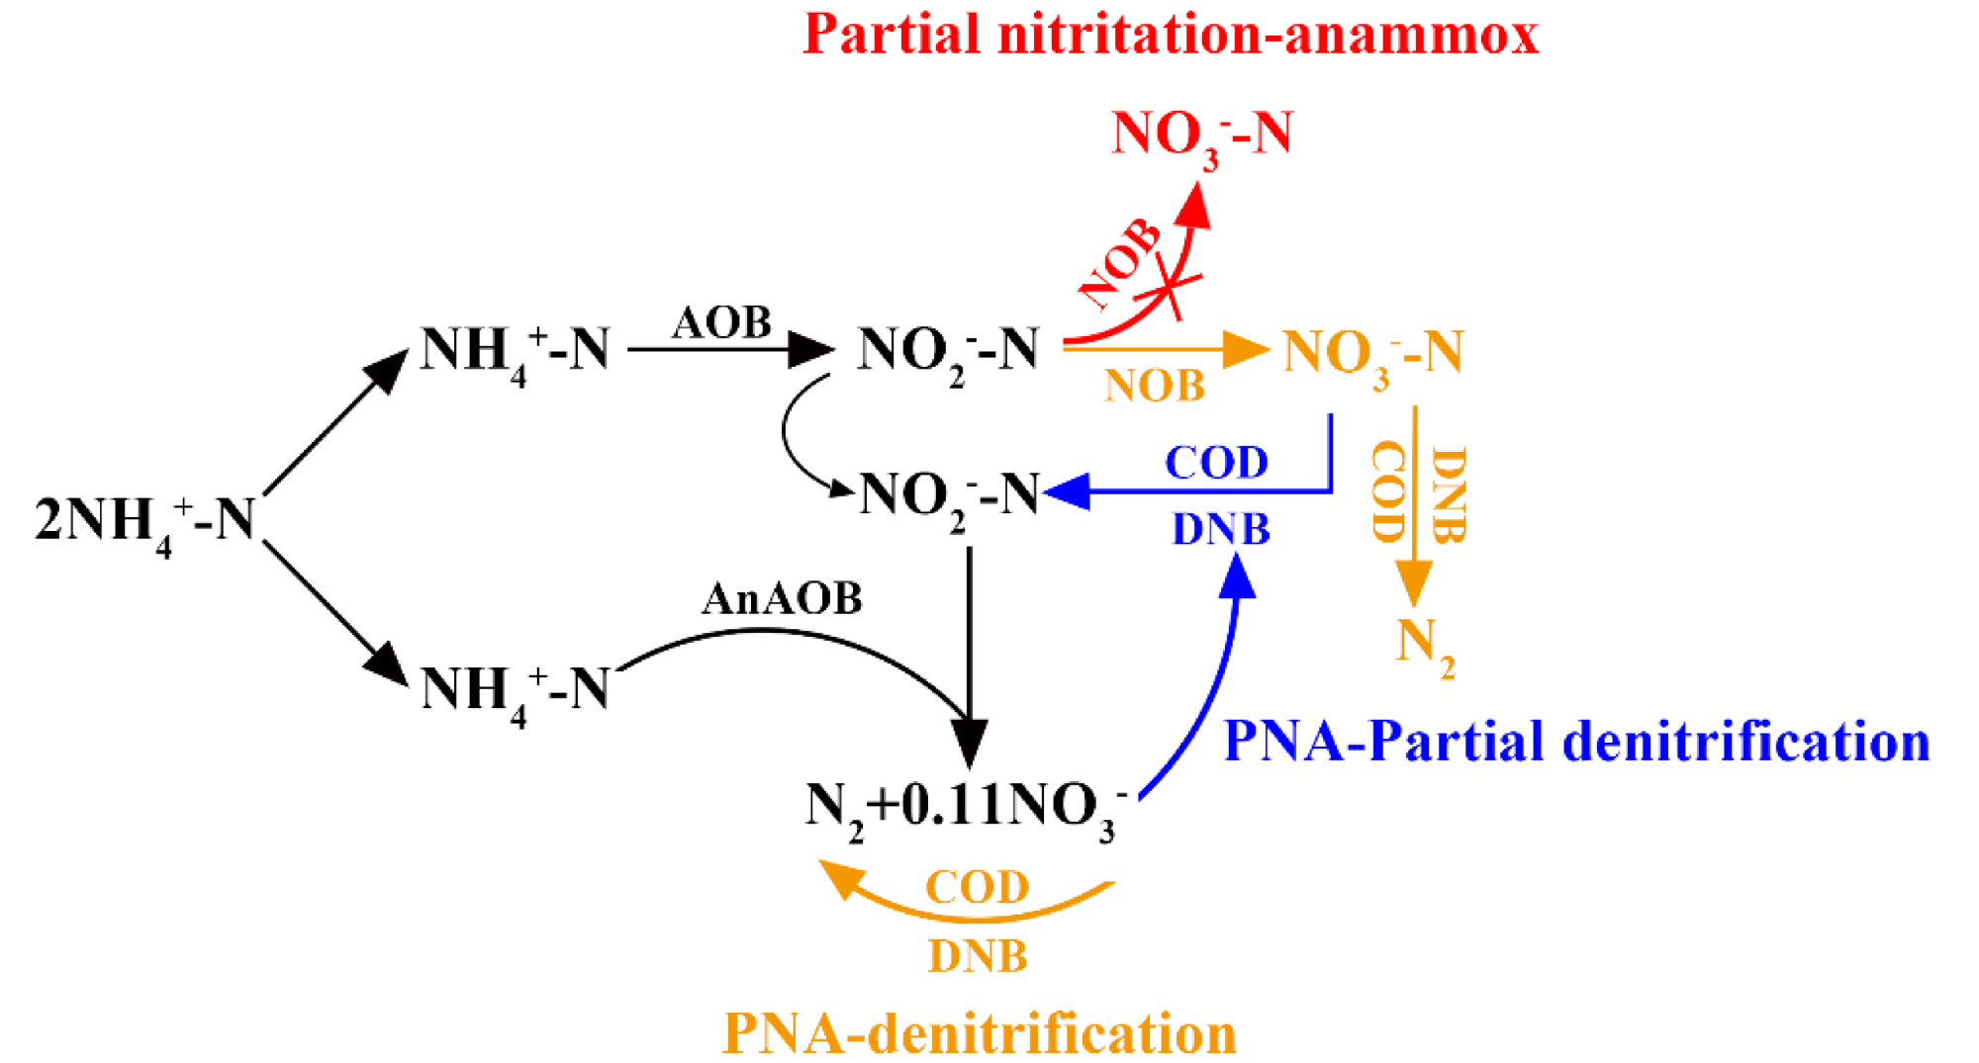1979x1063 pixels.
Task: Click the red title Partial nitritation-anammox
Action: pyautogui.click(x=1171, y=35)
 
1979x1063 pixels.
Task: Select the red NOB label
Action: pyautogui.click(x=1120, y=263)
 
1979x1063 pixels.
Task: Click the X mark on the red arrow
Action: pyautogui.click(x=1169, y=288)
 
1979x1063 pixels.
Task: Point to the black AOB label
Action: pyautogui.click(x=721, y=322)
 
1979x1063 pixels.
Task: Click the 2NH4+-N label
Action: pyautogui.click(x=145, y=523)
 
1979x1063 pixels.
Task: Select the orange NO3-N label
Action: pyautogui.click(x=1372, y=355)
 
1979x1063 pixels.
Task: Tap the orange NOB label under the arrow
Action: pyautogui.click(x=1155, y=386)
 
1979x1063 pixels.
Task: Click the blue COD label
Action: pyautogui.click(x=1216, y=463)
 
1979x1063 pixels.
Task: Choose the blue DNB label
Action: pyautogui.click(x=1221, y=529)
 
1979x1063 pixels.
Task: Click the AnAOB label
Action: pyautogui.click(x=782, y=598)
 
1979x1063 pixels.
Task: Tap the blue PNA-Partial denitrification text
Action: pyautogui.click(x=1577, y=742)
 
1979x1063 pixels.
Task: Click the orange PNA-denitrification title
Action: pyautogui.click(x=980, y=1033)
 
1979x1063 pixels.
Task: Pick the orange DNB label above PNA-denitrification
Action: pyautogui.click(x=978, y=956)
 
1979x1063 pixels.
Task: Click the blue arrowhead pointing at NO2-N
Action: pyautogui.click(x=1067, y=490)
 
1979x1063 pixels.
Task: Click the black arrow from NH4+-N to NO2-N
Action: pyautogui.click(x=730, y=349)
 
